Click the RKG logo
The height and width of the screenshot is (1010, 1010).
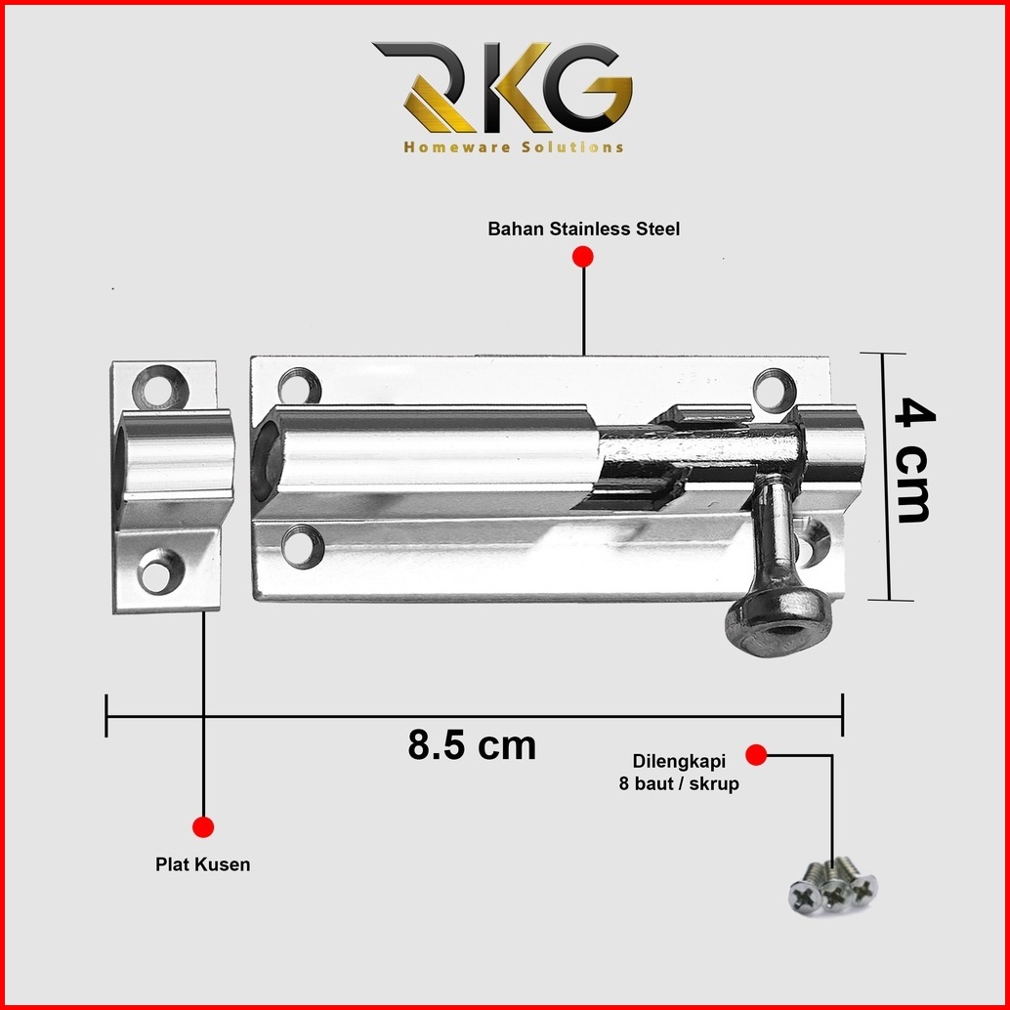point(502,87)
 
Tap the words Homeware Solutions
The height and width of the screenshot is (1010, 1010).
point(514,147)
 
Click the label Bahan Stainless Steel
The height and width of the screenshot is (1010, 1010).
point(583,229)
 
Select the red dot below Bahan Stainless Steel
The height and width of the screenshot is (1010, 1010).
point(583,256)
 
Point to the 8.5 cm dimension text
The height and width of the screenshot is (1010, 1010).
point(472,745)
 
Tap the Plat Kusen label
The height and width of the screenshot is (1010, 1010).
point(203,864)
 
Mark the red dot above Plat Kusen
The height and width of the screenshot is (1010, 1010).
point(203,826)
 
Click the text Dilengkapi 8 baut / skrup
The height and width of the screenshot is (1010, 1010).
point(679,773)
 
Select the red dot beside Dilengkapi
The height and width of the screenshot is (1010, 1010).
point(756,755)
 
